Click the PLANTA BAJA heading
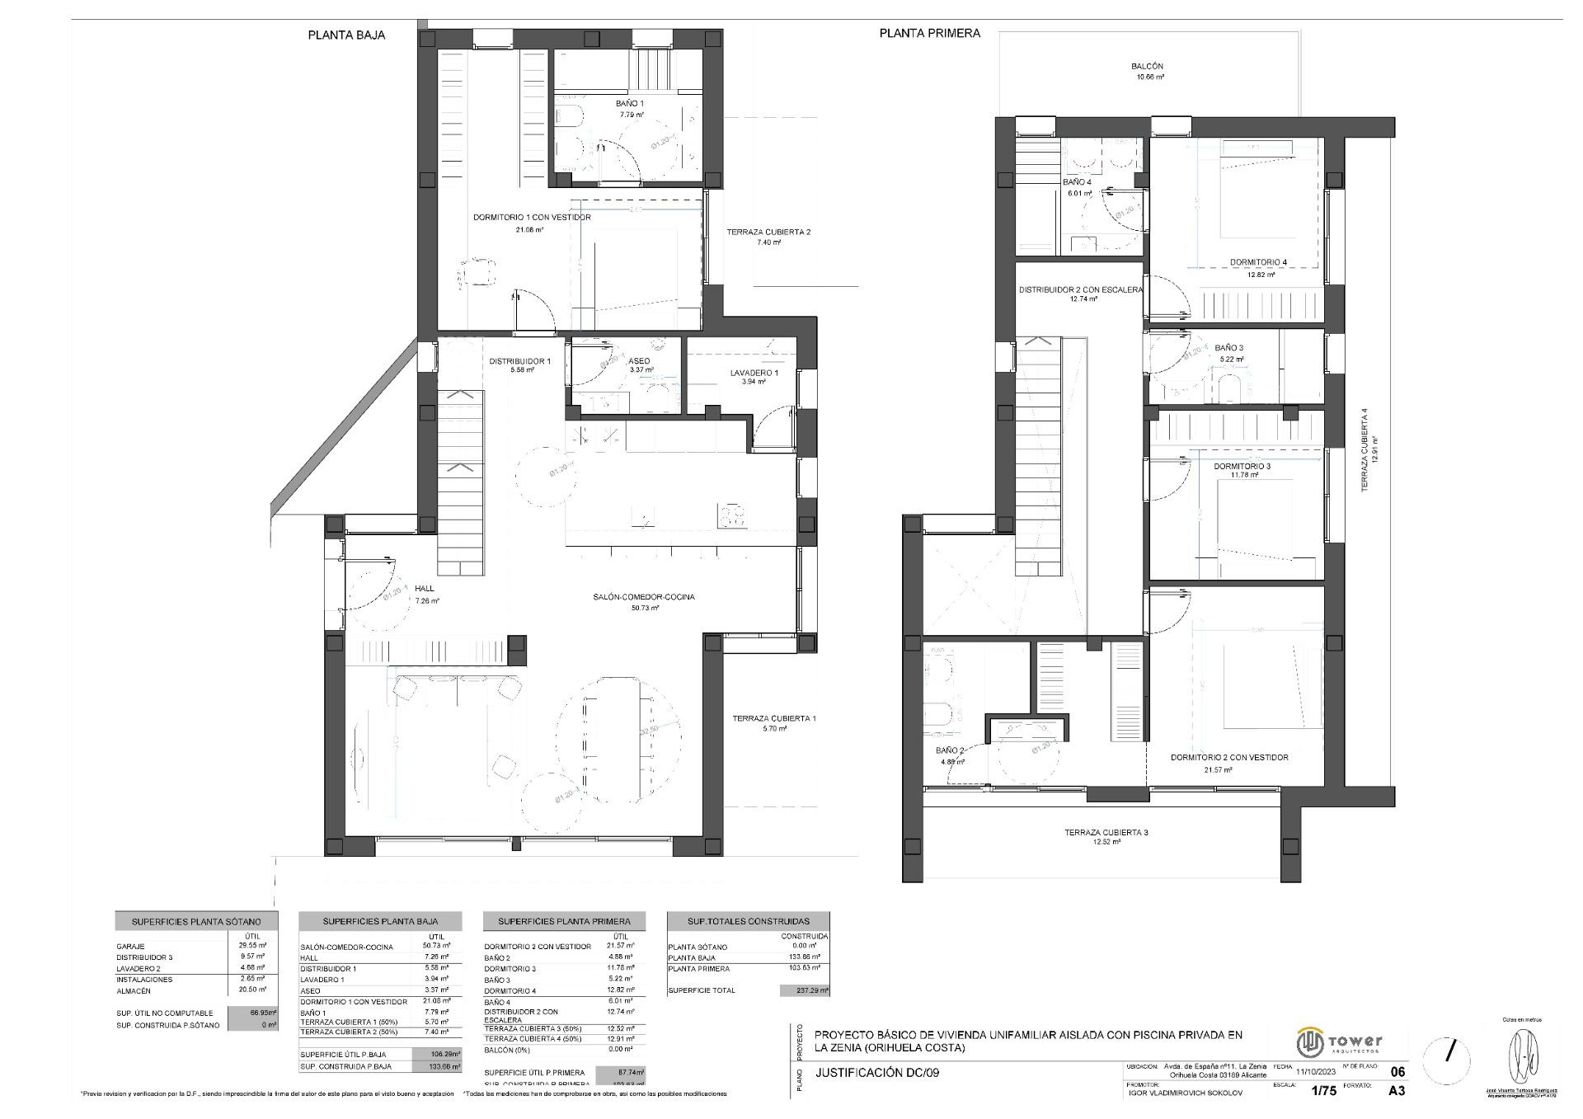point(346,35)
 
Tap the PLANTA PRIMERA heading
point(929,34)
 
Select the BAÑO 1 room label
point(630,104)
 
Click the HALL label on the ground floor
point(425,589)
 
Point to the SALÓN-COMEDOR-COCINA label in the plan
point(643,597)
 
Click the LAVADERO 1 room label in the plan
point(754,373)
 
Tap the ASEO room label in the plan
point(639,361)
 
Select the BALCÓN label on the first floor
point(1147,66)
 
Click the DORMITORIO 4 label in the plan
point(1258,262)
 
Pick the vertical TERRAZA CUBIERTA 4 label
point(1365,450)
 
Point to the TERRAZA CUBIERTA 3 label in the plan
point(1106,833)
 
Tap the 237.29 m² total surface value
point(805,990)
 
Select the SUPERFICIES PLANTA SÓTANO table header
point(196,921)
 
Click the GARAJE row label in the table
point(130,947)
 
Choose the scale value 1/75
point(1323,1091)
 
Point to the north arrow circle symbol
point(1451,1051)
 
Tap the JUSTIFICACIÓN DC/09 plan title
point(876,1073)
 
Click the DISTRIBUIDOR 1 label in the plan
point(519,361)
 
